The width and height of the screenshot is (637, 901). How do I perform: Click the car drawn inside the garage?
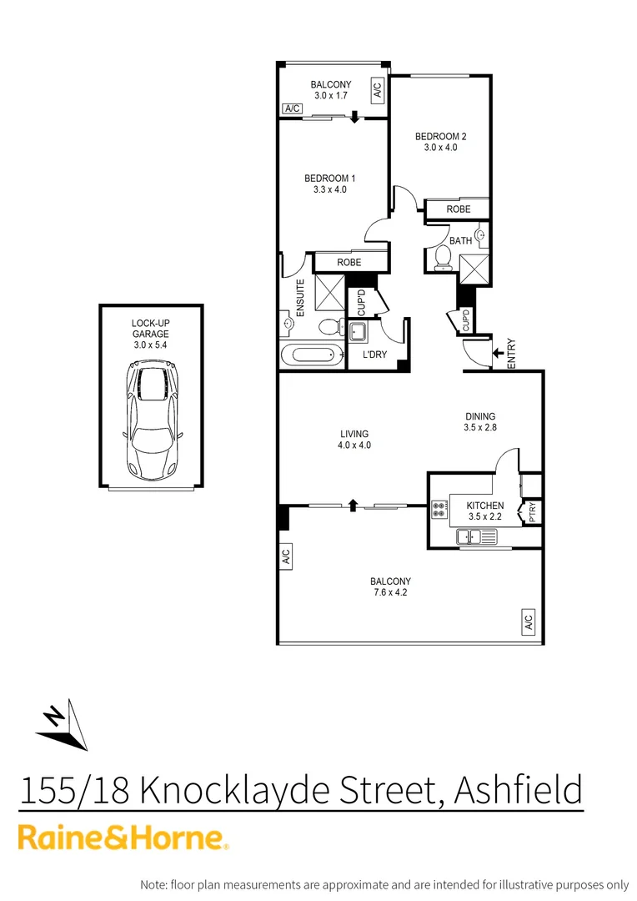click(151, 420)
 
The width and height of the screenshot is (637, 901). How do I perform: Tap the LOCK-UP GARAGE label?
click(151, 329)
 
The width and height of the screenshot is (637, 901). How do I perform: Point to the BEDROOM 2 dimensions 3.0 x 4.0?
click(440, 148)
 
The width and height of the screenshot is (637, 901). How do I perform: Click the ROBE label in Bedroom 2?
click(458, 209)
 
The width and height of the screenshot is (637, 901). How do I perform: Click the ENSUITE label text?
click(299, 294)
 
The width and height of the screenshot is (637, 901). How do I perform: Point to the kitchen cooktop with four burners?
click(439, 510)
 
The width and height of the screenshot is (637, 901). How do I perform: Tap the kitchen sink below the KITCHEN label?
click(478, 537)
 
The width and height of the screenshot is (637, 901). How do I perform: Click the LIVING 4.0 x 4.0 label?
click(354, 439)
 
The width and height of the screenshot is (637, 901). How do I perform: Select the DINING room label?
click(480, 416)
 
